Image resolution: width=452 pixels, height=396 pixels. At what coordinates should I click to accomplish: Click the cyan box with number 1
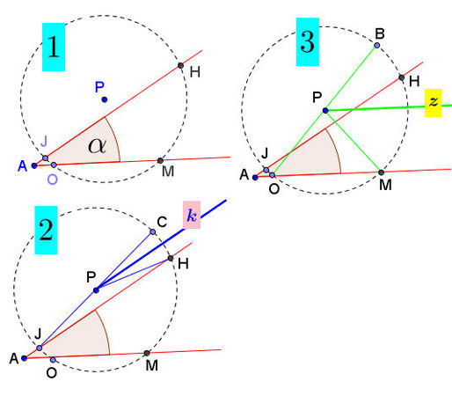point(54,47)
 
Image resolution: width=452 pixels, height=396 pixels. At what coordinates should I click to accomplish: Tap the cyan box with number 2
point(46,230)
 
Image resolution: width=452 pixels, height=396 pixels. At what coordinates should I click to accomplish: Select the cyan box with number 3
point(308,41)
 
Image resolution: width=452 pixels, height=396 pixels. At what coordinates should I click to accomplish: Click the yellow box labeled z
point(434,103)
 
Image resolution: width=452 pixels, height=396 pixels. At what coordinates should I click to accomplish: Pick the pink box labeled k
point(192,215)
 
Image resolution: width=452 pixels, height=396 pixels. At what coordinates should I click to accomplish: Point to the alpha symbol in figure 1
point(97,146)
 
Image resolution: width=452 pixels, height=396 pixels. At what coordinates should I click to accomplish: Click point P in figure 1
point(105,99)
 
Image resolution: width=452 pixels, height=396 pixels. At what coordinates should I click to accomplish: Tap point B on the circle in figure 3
point(377,45)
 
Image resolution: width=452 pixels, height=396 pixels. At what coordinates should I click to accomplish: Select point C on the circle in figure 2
point(153,232)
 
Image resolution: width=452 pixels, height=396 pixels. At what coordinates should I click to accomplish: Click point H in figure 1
point(181,66)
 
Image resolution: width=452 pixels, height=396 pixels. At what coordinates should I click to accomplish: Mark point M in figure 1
point(160,160)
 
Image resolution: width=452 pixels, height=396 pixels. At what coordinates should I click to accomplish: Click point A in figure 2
point(25,358)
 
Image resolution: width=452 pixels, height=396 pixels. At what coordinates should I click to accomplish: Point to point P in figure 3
point(325,111)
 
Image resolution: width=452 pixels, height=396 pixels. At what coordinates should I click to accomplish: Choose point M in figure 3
point(381,172)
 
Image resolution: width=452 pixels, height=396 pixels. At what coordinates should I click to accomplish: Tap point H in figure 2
point(171,259)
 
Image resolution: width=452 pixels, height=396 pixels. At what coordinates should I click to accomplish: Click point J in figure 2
point(40,348)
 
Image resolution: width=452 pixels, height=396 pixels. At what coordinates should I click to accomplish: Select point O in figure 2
point(53,360)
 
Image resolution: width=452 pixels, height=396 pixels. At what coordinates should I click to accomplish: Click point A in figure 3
point(255,177)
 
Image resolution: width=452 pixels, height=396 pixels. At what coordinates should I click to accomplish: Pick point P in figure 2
point(96,290)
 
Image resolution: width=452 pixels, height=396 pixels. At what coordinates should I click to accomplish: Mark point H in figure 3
point(402,77)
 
